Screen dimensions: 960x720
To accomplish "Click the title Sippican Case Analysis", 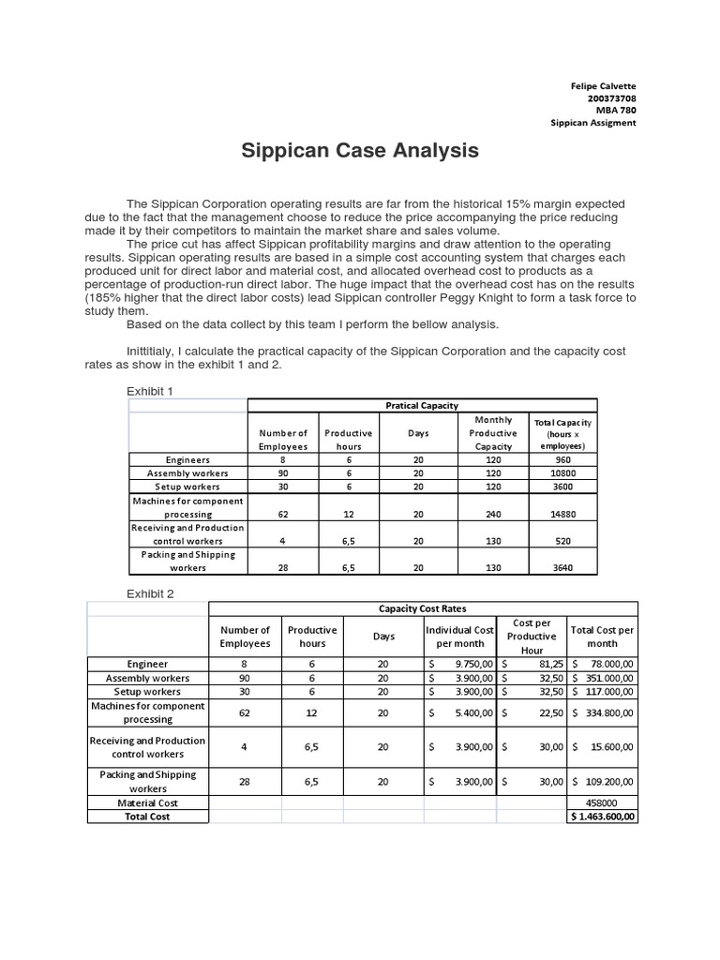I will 361,150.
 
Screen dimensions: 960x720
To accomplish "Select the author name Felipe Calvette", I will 603,86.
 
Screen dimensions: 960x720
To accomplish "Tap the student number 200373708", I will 611,98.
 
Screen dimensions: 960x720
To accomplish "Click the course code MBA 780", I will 616,111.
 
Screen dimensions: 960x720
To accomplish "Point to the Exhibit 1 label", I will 150,390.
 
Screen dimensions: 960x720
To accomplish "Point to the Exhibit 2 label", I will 150,593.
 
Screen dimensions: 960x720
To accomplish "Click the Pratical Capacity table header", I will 422,405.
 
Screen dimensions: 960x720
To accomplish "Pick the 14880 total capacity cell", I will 562,514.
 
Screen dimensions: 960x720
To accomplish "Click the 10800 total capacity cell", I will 562,473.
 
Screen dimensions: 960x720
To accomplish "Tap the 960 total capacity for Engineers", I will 562,460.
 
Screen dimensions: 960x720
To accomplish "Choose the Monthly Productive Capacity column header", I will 493,433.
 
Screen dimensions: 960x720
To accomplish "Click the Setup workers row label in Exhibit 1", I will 187,487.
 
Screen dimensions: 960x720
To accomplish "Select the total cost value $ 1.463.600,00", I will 603,817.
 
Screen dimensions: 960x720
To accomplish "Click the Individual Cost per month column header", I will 459,636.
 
